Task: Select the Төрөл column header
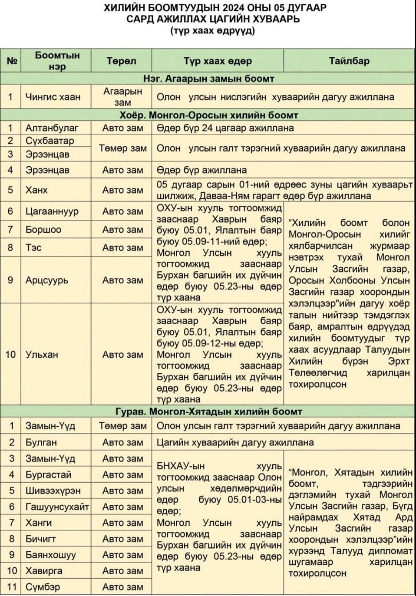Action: click(x=121, y=61)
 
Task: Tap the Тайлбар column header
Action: click(x=349, y=61)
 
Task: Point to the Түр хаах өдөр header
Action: click(x=217, y=61)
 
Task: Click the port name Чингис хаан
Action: click(x=53, y=97)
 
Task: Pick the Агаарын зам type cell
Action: click(x=122, y=97)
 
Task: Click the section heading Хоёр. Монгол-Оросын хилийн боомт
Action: click(x=208, y=115)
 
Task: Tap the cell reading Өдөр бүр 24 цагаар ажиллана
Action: click(x=225, y=128)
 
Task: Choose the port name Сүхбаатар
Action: click(x=50, y=141)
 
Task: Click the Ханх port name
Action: click(x=36, y=190)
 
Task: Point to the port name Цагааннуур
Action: click(x=52, y=211)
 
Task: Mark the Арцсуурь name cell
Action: click(x=47, y=280)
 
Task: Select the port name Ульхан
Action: click(x=42, y=355)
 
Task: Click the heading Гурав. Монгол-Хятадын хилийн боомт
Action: click(x=208, y=412)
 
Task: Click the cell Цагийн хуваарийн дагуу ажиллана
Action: click(x=235, y=442)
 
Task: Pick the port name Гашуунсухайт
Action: click(x=57, y=507)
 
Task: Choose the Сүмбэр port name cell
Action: click(x=43, y=587)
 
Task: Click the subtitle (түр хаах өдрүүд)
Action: click(x=213, y=31)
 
